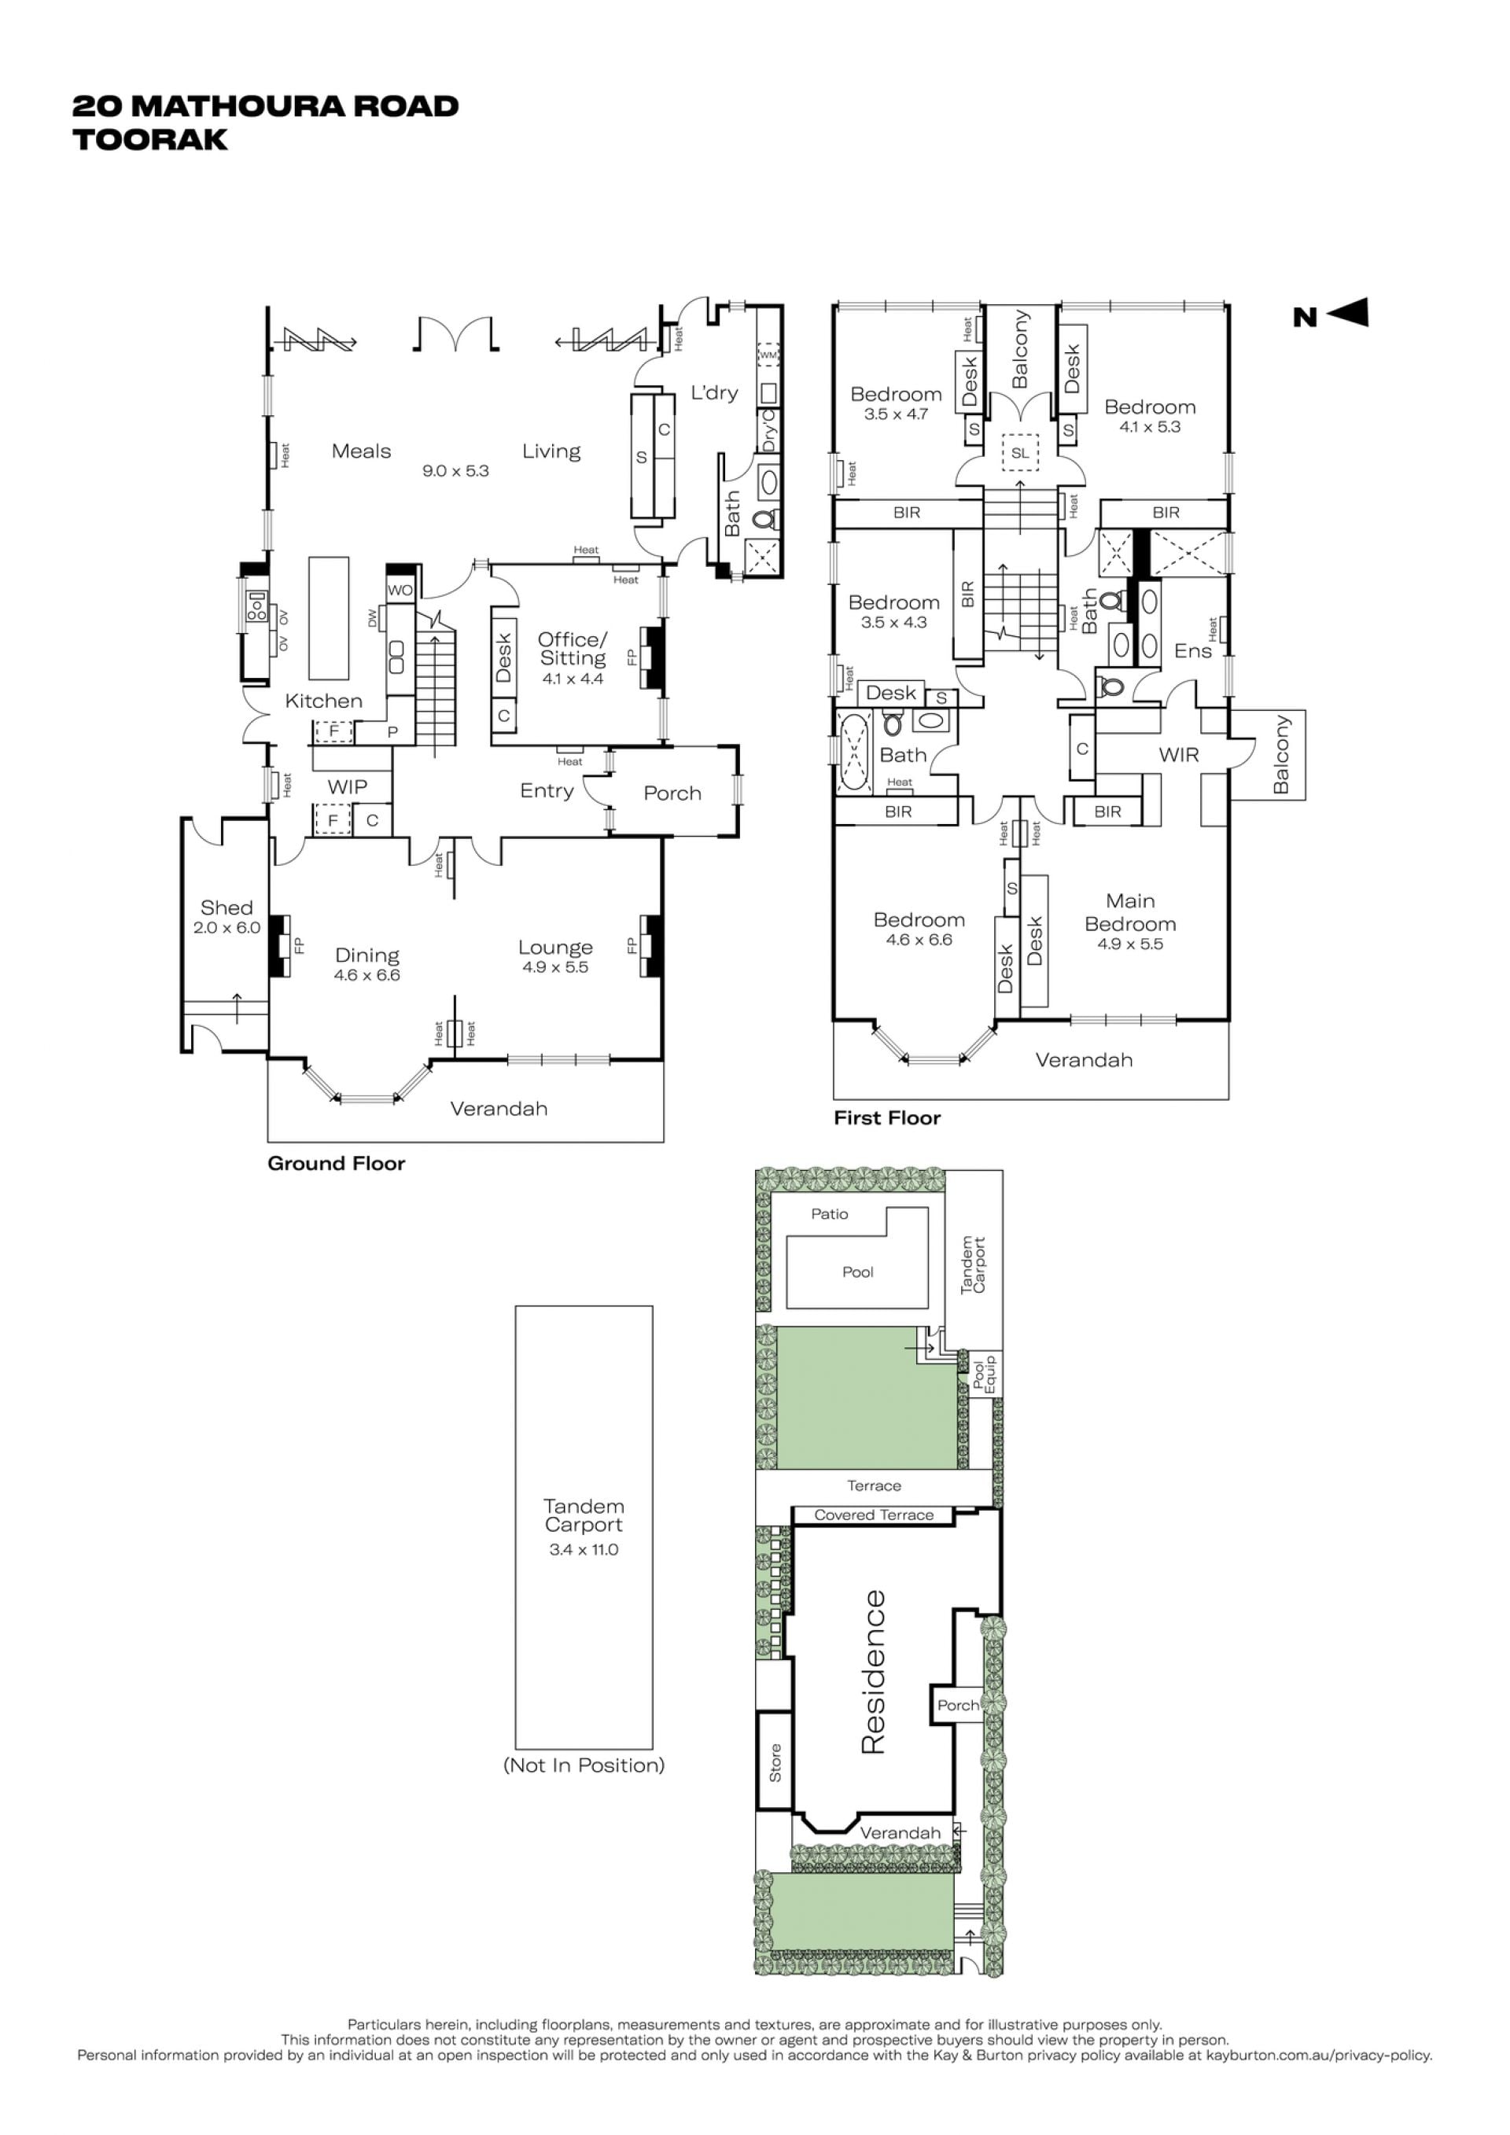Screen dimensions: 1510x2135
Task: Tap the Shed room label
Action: (x=226, y=907)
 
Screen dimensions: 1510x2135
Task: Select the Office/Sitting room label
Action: (x=573, y=648)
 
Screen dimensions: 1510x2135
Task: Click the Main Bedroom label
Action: (x=1131, y=912)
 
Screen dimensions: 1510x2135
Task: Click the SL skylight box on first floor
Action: (x=1020, y=453)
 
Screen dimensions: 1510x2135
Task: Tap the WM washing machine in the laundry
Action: (x=768, y=355)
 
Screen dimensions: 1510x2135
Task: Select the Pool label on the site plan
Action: (x=858, y=1272)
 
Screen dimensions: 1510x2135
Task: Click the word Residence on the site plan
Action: (x=873, y=1673)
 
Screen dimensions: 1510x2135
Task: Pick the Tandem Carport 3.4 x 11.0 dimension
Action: (x=584, y=1549)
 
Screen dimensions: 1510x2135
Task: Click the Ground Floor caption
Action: (x=337, y=1163)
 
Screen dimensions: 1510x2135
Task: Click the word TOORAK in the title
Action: (x=151, y=139)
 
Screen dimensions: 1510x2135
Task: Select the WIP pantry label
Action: (x=347, y=786)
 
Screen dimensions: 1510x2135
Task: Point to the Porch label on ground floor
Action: (x=672, y=793)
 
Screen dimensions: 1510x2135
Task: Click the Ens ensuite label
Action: (x=1193, y=651)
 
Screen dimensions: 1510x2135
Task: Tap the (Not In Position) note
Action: (x=584, y=1765)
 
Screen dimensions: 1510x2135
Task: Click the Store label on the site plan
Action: (x=775, y=1763)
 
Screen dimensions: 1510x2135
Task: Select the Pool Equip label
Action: (x=984, y=1375)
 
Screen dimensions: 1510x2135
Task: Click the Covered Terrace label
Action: (x=874, y=1515)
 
